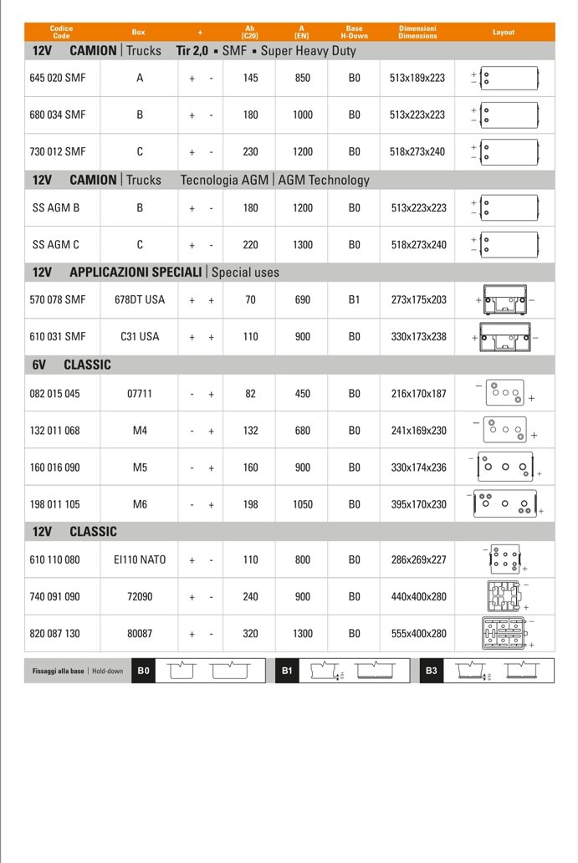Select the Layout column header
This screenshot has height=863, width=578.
click(x=504, y=33)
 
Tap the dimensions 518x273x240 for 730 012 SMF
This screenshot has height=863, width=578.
click(x=417, y=152)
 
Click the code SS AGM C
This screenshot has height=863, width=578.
click(x=56, y=245)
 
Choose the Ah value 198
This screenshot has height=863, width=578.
click(x=251, y=504)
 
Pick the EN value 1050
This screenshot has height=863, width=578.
click(x=303, y=504)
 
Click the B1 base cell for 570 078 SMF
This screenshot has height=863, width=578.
click(x=355, y=299)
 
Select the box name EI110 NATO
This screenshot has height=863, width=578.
click(x=140, y=559)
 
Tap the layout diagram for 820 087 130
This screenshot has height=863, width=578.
click(x=505, y=633)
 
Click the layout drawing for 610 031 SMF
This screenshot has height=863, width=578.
click(x=505, y=337)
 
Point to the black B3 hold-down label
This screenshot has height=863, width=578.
click(x=432, y=671)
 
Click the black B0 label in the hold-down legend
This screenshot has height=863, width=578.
click(x=144, y=671)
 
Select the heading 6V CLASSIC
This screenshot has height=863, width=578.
click(x=71, y=365)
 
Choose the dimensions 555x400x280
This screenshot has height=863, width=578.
click(x=417, y=634)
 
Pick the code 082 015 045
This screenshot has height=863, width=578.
click(x=55, y=393)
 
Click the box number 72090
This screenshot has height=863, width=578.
click(x=140, y=597)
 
